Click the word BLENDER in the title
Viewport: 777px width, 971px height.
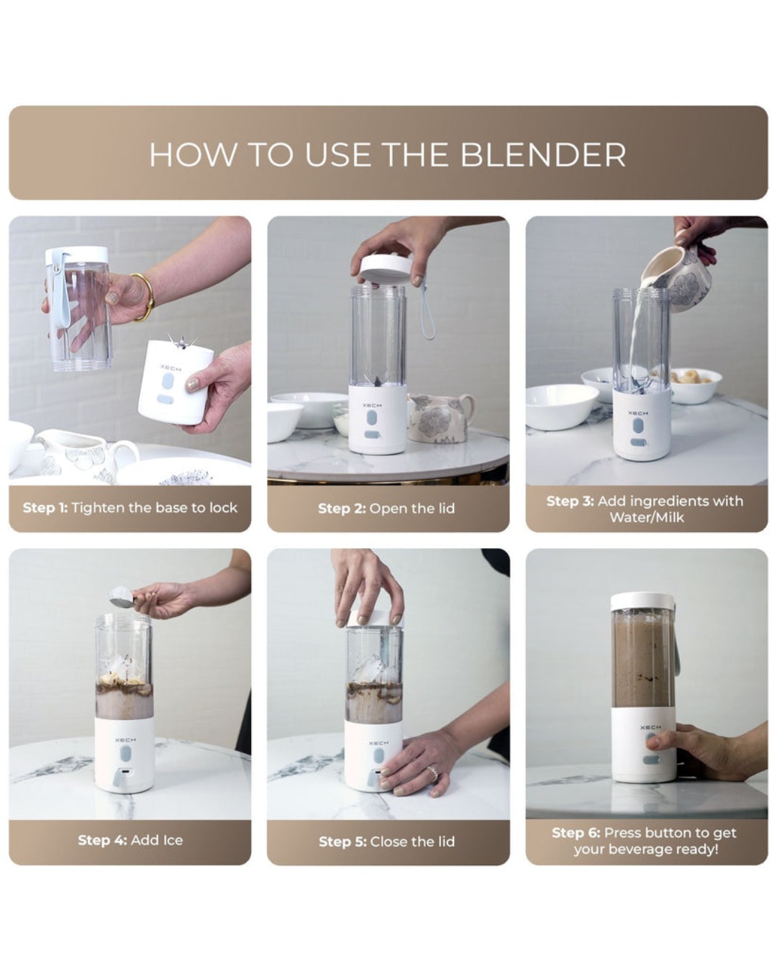[542, 155]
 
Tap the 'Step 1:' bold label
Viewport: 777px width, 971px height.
[45, 508]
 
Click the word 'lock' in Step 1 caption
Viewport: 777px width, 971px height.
[223, 508]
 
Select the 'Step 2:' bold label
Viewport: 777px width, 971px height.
[342, 509]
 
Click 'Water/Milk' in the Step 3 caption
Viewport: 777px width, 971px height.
[646, 517]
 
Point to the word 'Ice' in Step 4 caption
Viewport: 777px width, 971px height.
[172, 840]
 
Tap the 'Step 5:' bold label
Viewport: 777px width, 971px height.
[342, 842]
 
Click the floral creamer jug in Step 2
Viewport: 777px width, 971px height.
[438, 418]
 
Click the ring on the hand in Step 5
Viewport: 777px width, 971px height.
[432, 773]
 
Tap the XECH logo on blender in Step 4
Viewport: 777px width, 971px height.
[124, 739]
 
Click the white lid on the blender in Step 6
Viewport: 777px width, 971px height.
[642, 601]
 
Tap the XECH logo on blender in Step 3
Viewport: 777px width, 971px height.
[637, 414]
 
